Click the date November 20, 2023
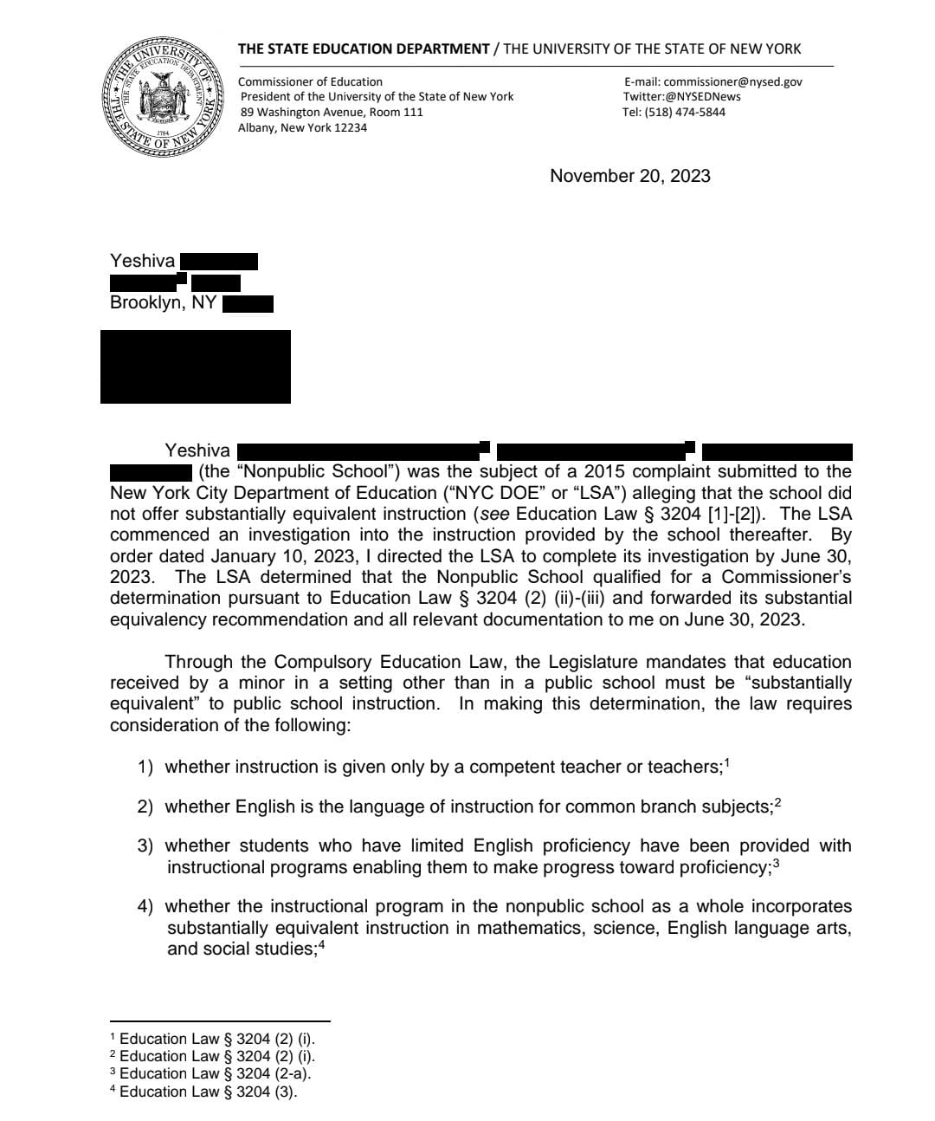click(x=629, y=176)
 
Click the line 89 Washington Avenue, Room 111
click(x=332, y=112)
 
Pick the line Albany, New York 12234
click(x=302, y=127)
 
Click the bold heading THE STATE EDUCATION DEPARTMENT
click(x=364, y=49)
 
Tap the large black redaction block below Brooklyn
click(x=196, y=366)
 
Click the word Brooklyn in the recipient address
click(x=146, y=303)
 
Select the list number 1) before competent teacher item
click(x=145, y=768)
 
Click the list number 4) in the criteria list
click(x=145, y=907)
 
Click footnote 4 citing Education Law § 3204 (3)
click(x=204, y=1092)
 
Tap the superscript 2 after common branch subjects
click(x=777, y=802)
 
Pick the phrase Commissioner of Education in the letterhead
click(x=310, y=81)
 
